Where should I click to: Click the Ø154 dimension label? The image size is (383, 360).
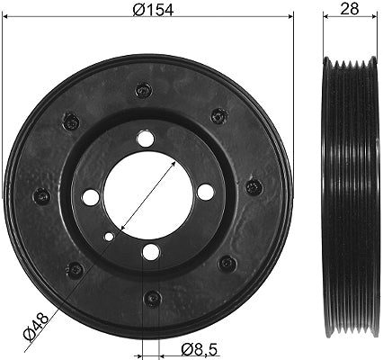(x=153, y=10)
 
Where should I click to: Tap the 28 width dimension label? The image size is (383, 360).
(x=350, y=9)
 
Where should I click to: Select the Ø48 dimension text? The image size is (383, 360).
(x=36, y=326)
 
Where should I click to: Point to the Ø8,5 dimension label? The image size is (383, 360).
(x=199, y=350)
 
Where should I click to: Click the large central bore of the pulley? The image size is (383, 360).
(x=148, y=195)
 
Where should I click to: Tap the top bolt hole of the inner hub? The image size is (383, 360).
(x=145, y=139)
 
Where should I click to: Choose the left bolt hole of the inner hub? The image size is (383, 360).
(x=91, y=197)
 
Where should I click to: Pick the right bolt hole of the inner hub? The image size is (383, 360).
(x=206, y=192)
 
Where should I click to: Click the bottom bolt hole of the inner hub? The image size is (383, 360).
(x=150, y=252)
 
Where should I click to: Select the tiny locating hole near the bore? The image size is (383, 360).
(x=109, y=237)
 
